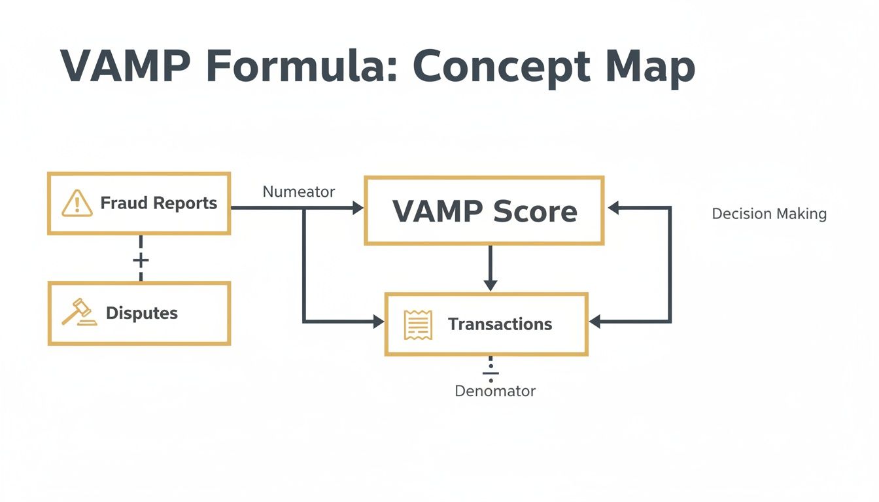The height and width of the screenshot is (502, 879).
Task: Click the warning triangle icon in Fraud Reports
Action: [77, 203]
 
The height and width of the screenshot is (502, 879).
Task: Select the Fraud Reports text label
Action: [158, 203]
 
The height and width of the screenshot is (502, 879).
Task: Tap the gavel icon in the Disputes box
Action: [78, 313]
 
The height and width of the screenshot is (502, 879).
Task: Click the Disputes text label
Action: [141, 313]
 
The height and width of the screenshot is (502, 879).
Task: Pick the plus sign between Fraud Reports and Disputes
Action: [141, 260]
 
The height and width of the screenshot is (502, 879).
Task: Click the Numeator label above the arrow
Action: [298, 192]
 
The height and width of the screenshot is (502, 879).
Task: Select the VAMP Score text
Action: [484, 211]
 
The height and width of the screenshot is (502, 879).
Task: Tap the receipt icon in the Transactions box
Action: [418, 324]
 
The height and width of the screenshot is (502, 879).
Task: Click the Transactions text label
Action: [500, 324]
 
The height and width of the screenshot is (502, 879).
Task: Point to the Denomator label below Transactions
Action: [494, 392]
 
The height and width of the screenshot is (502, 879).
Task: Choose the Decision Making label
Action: [768, 214]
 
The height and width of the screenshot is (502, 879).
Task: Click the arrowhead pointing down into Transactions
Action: [491, 285]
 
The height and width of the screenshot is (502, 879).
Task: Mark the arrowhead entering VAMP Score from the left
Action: [358, 208]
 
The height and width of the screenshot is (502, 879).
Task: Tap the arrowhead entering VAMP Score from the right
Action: [613, 208]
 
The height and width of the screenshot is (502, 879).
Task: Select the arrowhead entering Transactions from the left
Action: [378, 322]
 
